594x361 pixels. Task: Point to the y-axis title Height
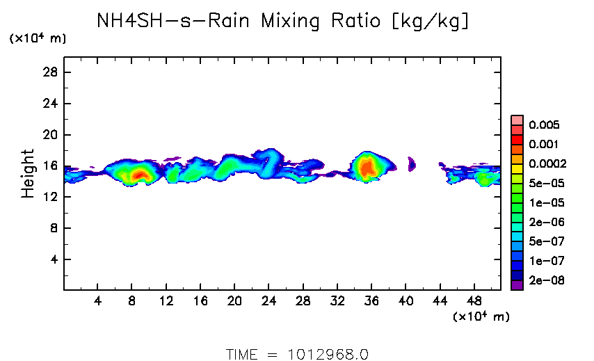(28, 173)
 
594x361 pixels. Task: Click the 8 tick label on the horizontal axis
(131, 301)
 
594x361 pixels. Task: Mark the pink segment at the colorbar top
(517, 120)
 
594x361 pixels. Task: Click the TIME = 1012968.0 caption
(297, 354)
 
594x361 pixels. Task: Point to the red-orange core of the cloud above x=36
(366, 166)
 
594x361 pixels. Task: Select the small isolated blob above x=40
(411, 164)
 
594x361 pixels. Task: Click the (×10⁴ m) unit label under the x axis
(481, 317)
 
